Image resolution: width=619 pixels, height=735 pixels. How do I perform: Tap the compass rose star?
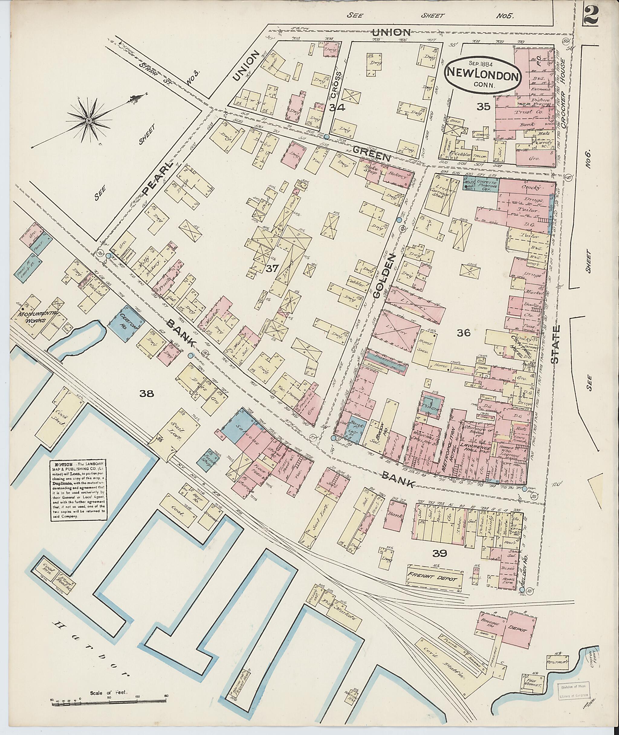pos(89,121)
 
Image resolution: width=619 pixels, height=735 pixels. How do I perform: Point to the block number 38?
pos(146,394)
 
